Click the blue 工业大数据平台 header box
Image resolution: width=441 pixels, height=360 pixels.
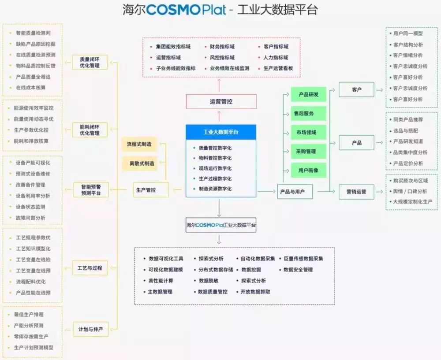point(220,131)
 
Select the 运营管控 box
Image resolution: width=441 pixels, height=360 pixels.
point(221,101)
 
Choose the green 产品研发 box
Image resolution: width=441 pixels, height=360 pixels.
point(308,94)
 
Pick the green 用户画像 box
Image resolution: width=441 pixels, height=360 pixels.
point(308,170)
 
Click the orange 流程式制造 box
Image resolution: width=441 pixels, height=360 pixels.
point(139,144)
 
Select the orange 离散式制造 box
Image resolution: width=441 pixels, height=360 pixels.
point(139,163)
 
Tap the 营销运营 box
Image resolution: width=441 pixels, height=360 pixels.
point(356,191)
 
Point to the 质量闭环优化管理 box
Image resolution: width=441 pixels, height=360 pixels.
point(90,63)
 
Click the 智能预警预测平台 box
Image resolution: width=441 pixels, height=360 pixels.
point(90,189)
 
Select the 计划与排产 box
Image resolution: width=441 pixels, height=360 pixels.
point(90,329)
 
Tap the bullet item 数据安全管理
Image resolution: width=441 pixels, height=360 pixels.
point(298,270)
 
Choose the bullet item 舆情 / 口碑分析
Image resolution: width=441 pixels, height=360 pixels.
point(410,191)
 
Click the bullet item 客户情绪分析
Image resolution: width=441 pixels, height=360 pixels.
point(407,56)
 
